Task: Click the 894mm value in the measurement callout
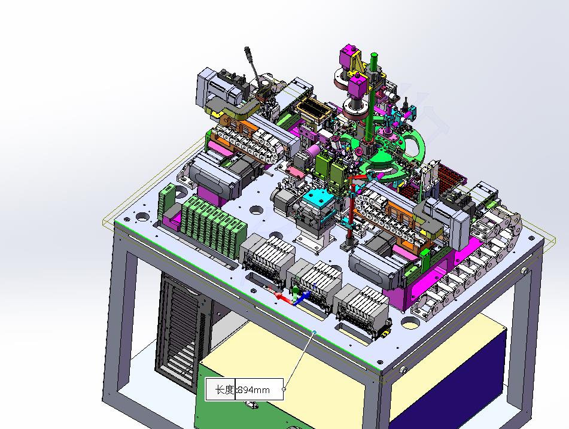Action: [x=254, y=390]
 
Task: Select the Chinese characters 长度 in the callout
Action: [x=224, y=390]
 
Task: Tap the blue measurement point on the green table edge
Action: [x=314, y=332]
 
